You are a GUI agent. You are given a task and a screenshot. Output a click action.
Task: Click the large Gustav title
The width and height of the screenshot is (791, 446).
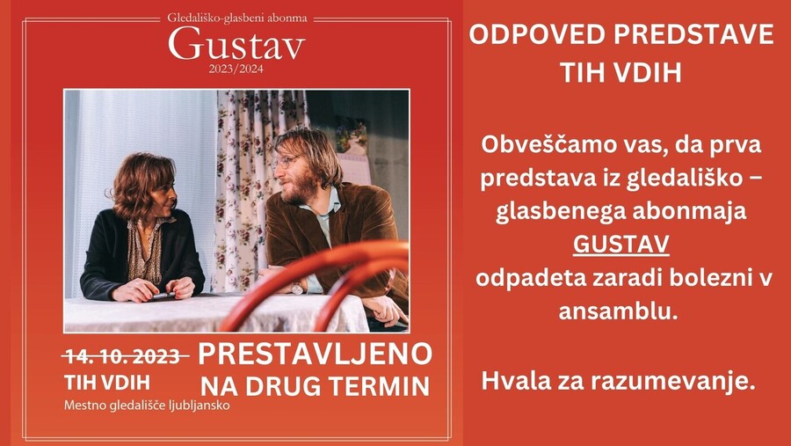[x=236, y=45]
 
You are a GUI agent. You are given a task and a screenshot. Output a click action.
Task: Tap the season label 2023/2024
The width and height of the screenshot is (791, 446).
[x=236, y=69]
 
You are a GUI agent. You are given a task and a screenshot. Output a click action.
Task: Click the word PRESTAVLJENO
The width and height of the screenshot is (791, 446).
[x=316, y=354]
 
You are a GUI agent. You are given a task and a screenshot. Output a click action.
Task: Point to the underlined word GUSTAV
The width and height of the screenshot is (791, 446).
[x=621, y=245]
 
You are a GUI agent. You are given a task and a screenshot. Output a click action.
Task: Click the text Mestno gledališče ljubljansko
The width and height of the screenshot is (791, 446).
[x=147, y=405]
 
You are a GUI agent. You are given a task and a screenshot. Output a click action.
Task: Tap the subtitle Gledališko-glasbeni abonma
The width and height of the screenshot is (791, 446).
[x=237, y=18]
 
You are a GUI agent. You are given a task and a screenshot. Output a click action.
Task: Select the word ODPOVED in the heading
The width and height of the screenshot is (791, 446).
[x=537, y=35]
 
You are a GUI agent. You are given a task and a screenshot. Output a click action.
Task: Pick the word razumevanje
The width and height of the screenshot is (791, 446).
[x=673, y=382]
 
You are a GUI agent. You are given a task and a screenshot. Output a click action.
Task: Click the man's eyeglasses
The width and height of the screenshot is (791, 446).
[x=284, y=163]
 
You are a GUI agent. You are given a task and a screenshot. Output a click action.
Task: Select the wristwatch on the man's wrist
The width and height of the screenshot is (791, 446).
[x=297, y=289]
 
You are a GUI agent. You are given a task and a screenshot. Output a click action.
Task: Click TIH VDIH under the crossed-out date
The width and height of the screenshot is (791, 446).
[x=107, y=383]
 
